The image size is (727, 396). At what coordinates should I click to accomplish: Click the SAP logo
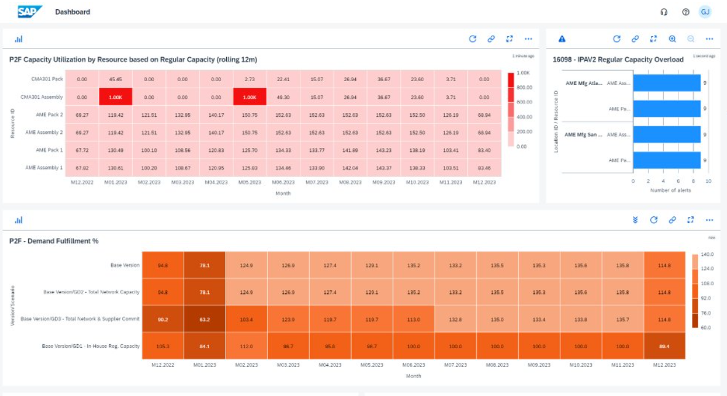29,11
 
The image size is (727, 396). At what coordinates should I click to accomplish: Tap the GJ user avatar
705,12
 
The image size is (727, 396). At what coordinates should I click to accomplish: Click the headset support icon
664,12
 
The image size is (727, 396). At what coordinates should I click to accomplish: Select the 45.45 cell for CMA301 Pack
116,79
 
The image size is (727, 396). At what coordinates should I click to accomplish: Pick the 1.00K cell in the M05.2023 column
250,97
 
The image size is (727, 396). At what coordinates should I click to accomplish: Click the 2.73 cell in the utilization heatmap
250,79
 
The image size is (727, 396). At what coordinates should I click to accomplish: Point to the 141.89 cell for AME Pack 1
350,150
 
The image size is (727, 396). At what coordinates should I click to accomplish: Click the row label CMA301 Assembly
42,97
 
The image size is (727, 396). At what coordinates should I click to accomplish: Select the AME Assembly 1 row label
44,167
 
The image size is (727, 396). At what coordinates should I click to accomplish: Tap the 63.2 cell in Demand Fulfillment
205,319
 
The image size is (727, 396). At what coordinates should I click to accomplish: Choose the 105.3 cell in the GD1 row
163,346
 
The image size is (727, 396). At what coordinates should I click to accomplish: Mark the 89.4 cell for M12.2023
664,346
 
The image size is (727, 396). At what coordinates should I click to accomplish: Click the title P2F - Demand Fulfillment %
54,241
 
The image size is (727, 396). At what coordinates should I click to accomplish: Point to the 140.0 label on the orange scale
707,254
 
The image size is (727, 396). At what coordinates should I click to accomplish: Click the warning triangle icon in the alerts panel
562,39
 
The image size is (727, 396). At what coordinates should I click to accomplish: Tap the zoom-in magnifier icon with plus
672,39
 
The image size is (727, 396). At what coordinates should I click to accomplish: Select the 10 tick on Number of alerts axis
708,181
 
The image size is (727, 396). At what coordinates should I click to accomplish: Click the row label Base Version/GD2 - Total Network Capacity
92,292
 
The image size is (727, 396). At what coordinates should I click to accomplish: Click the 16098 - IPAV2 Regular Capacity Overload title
618,60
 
